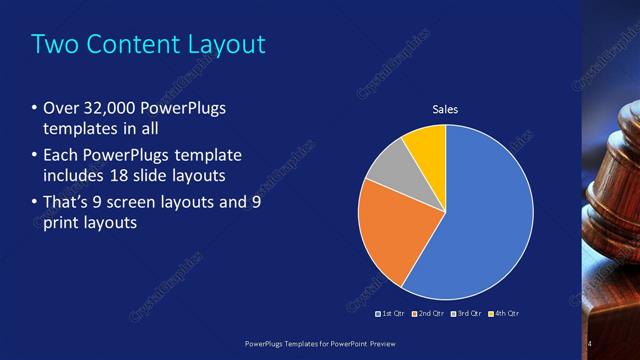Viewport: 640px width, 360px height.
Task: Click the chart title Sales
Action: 445,109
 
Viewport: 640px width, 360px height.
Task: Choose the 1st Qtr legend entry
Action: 392,313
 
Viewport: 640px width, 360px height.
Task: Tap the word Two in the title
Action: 52,44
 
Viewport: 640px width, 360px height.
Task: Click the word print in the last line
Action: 62,223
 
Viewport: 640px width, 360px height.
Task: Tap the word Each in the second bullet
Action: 61,155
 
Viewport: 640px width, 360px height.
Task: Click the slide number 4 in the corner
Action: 590,344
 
